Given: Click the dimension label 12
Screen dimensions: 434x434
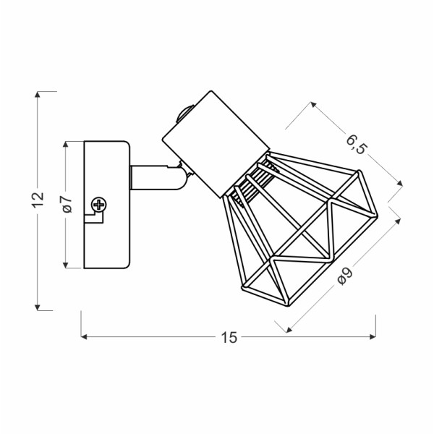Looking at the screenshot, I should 38,200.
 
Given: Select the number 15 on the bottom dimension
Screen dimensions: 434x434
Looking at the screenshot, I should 229,337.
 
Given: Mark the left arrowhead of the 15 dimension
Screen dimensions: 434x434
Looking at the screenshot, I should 85,336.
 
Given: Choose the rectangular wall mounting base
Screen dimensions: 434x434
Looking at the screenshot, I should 106,204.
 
